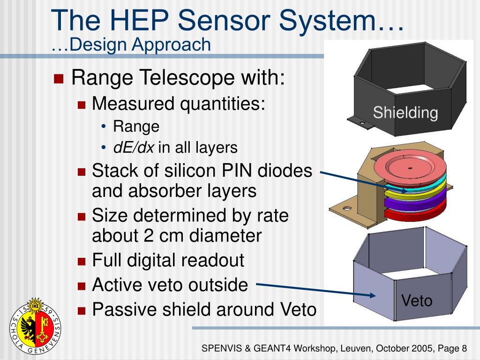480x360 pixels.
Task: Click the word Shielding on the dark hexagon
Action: [x=405, y=113]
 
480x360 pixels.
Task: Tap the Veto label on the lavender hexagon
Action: [x=417, y=300]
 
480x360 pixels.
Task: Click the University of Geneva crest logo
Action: [x=36, y=326]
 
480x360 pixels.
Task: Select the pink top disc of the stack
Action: [x=409, y=169]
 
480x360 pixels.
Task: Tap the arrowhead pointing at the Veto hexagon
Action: [x=373, y=295]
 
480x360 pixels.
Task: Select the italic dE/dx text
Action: [x=134, y=148]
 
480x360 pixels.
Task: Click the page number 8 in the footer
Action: [x=464, y=348]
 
